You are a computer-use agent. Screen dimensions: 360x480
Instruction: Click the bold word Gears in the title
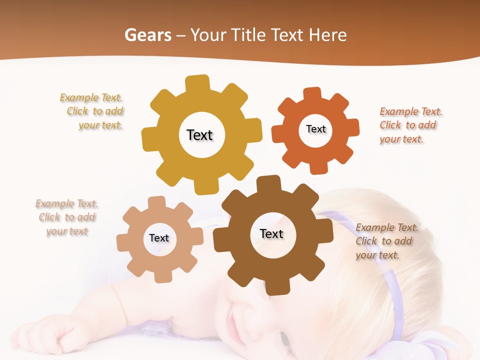coord(147,35)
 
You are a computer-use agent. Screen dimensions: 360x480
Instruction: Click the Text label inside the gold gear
coord(199,135)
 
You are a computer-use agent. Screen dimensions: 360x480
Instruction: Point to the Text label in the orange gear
coord(315,129)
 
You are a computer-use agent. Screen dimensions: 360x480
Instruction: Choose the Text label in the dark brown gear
coord(271,233)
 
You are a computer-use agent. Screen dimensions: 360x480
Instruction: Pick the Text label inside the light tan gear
coord(159,238)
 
